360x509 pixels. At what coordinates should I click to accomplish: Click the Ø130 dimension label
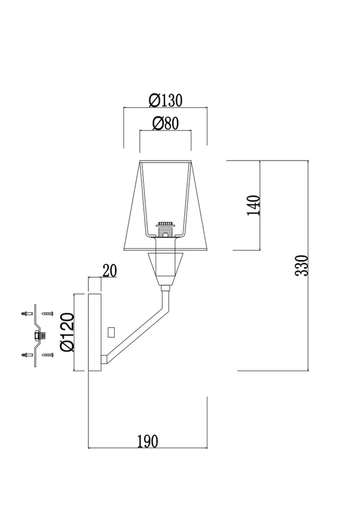[166, 100]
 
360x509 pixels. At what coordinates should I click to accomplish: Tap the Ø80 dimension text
[166, 124]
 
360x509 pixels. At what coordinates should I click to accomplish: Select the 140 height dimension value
[254, 205]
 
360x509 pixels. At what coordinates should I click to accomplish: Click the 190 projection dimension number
[148, 441]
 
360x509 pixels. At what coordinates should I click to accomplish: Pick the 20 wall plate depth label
[109, 271]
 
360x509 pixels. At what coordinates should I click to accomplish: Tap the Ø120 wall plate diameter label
[68, 332]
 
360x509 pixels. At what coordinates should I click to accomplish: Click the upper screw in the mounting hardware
[47, 314]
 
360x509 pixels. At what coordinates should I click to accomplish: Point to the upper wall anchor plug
[26, 314]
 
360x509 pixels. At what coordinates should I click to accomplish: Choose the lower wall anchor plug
[26, 355]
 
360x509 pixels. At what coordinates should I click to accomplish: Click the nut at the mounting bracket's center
[39, 335]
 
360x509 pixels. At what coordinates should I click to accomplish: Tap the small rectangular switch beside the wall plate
[112, 332]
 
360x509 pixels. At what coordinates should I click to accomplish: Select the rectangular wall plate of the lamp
[95, 332]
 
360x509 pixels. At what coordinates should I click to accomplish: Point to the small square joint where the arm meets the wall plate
[104, 359]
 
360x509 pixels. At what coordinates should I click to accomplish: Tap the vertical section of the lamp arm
[166, 301]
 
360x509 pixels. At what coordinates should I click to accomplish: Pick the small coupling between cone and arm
[166, 288]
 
